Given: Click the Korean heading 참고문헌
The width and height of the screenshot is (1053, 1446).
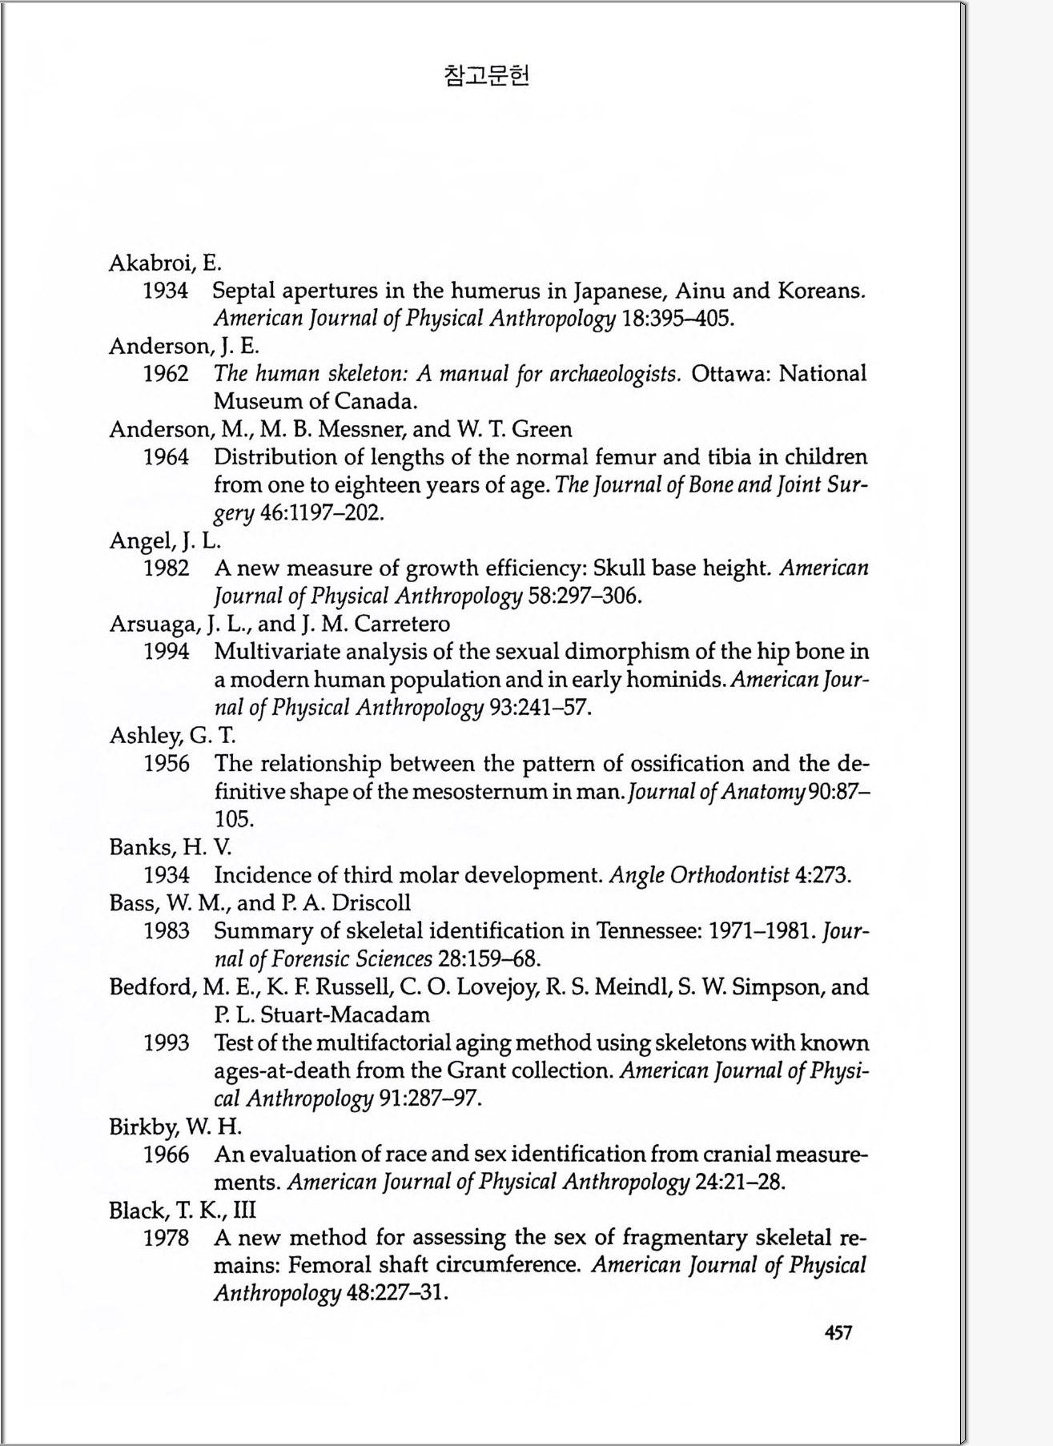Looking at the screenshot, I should (486, 76).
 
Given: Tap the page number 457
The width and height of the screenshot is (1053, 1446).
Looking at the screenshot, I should (838, 1332).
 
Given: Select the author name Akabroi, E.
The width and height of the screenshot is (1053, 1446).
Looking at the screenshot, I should (165, 263).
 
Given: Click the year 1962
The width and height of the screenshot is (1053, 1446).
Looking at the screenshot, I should (167, 374).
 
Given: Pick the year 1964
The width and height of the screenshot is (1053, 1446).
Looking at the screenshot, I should (167, 457).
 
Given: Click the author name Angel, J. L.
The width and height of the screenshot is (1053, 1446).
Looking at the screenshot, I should (164, 541).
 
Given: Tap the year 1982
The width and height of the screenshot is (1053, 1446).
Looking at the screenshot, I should (167, 568).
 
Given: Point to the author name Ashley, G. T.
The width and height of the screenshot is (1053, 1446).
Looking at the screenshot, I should (172, 735).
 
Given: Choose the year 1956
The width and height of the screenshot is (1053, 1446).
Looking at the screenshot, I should (167, 764).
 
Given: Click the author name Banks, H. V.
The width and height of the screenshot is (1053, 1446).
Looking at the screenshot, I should (170, 847).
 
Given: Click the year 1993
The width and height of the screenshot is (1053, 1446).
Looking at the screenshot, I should (167, 1042).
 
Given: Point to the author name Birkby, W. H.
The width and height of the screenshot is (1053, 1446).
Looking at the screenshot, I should (175, 1127).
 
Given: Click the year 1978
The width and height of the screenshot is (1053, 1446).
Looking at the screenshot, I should (167, 1238).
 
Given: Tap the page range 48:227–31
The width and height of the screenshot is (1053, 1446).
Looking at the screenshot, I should (393, 1293).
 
